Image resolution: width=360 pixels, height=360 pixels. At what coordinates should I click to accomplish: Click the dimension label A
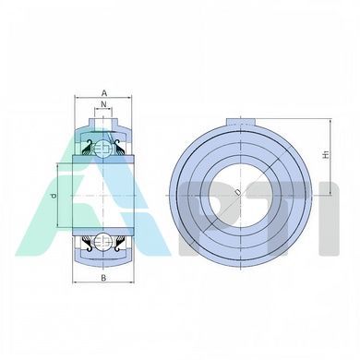coord(104,92)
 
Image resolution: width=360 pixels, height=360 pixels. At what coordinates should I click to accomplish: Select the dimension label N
coord(103,104)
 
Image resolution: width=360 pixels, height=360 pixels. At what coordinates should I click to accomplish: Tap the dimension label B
coord(103,278)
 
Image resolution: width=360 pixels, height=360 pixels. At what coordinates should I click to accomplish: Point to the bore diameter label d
coord(54,196)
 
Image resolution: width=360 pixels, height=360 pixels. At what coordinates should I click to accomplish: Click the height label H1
coord(327,154)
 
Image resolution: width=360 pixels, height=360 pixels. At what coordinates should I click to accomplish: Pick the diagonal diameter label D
coord(238,192)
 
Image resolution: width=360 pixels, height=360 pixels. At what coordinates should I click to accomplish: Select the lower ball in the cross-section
coord(103,242)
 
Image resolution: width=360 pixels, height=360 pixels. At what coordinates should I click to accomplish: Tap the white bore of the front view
coord(241,195)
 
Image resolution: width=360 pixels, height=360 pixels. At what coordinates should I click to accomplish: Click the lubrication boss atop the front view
coord(241,122)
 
